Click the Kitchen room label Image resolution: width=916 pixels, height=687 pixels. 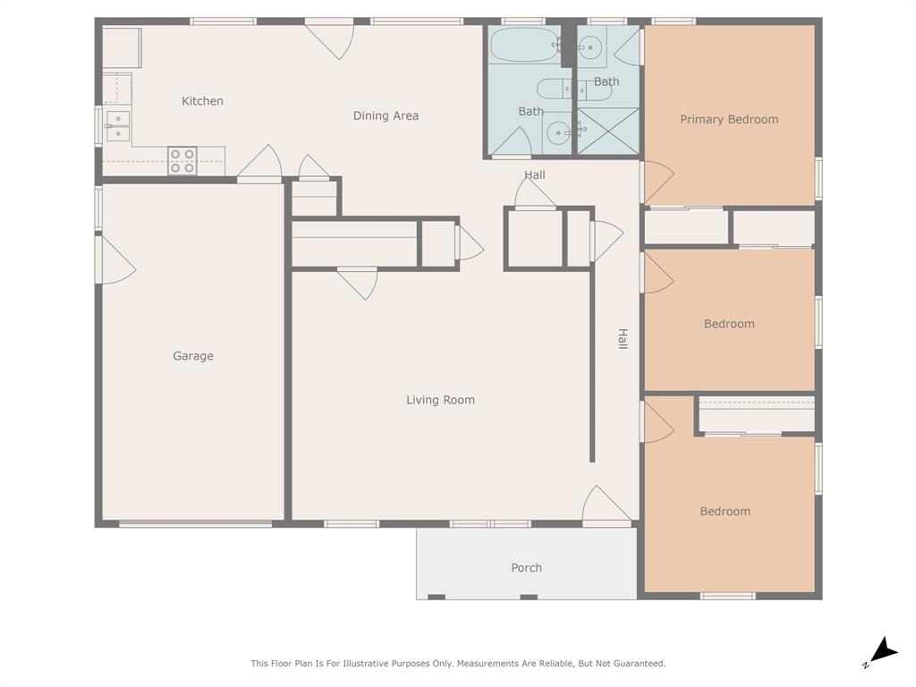[x=202, y=101]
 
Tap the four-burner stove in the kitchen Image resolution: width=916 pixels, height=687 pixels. [x=182, y=160]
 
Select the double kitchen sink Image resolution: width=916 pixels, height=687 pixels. [x=118, y=125]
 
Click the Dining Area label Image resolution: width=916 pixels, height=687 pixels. [x=386, y=115]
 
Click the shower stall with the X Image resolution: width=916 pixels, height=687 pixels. [x=608, y=131]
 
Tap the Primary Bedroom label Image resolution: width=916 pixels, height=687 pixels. [x=729, y=119]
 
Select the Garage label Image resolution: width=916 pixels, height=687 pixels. [x=193, y=356]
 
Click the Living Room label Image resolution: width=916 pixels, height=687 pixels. [x=440, y=400]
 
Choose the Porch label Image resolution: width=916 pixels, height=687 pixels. [x=526, y=567]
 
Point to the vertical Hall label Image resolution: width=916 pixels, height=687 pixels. [x=623, y=338]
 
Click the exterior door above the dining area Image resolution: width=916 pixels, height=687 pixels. [x=331, y=38]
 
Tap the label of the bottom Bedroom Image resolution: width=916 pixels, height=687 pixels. [x=725, y=512]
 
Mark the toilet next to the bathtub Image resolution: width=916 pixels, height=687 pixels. [x=549, y=89]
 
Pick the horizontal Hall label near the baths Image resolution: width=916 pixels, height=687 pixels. [x=535, y=174]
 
